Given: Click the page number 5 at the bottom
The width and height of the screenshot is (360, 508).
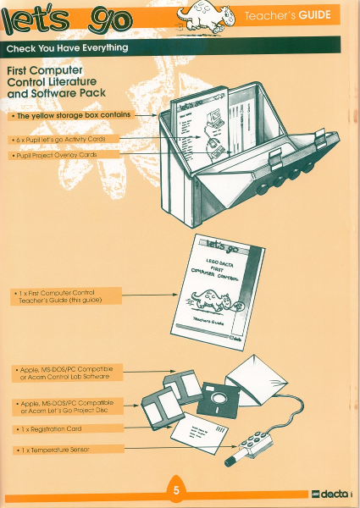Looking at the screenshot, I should coord(176,490).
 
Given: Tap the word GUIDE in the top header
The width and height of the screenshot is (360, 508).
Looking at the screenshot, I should coord(314,16).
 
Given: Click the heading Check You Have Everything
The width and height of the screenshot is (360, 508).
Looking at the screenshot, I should coord(68,47).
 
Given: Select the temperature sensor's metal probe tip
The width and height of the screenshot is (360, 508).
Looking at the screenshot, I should coord(230,462).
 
